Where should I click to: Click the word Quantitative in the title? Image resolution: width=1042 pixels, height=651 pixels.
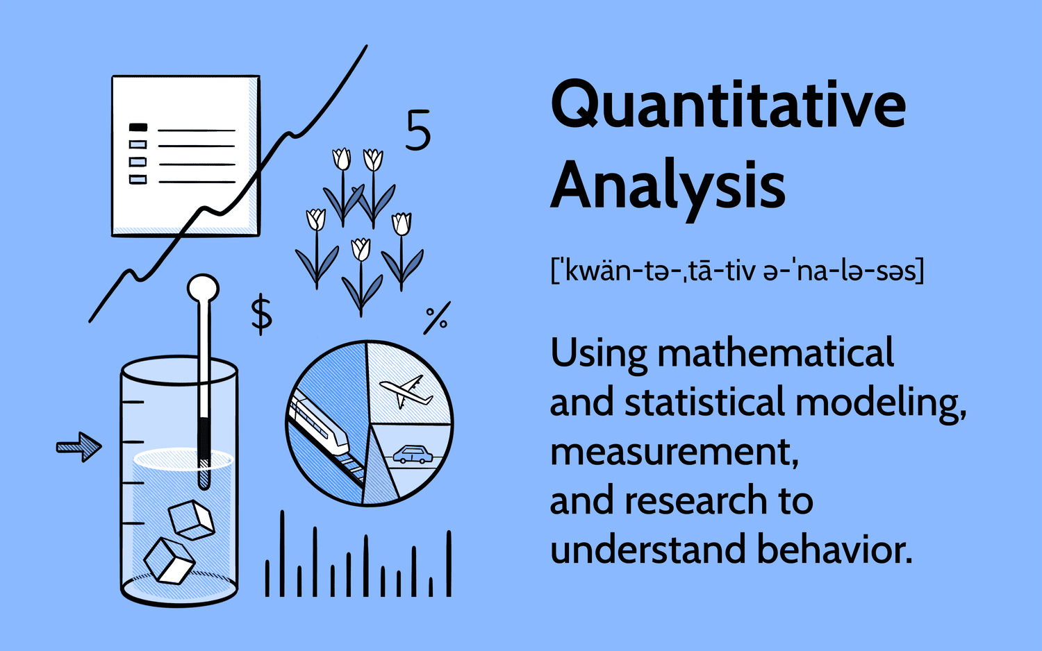729,105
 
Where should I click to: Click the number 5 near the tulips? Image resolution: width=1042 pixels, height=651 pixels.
418,130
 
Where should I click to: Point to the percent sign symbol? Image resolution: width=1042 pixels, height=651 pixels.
437,319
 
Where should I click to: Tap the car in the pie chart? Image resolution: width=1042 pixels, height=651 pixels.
413,455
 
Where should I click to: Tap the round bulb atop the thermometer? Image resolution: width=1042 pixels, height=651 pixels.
204,288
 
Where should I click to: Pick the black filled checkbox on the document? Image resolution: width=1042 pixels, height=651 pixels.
138,127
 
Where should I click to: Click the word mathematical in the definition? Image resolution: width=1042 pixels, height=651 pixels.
775,352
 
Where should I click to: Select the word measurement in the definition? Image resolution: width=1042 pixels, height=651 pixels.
674,453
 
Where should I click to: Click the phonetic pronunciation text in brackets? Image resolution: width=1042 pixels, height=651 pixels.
737,271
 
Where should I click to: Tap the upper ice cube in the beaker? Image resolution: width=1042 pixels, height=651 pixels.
191,520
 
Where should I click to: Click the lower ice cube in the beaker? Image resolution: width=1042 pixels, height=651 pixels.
169,561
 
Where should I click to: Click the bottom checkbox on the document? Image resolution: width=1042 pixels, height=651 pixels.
138,179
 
